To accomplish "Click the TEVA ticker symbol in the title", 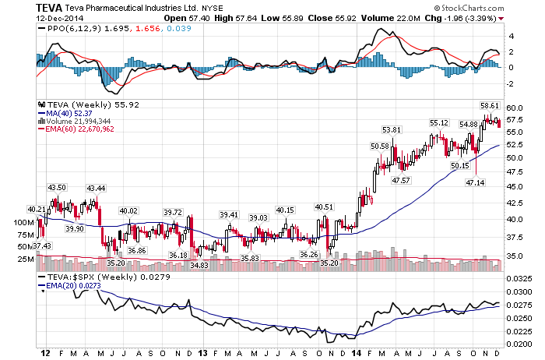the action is pyautogui.click(x=49, y=8).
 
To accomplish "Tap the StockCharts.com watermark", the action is pyautogui.click(x=469, y=8).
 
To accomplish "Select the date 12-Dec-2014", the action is pyautogui.click(x=60, y=18).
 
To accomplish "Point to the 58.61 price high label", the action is pyautogui.click(x=490, y=106).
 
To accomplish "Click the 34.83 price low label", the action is pyautogui.click(x=199, y=266).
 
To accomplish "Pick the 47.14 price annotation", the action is pyautogui.click(x=475, y=182).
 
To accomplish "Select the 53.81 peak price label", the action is pyautogui.click(x=392, y=129).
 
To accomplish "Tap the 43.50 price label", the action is pyautogui.click(x=57, y=188).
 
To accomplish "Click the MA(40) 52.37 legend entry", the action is pyautogui.click(x=65, y=114).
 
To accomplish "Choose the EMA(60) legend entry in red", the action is pyautogui.click(x=76, y=129).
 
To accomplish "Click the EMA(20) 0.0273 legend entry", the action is pyautogui.click(x=69, y=285).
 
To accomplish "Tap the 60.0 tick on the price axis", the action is pyautogui.click(x=515, y=108).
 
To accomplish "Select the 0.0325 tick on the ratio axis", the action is pyautogui.click(x=519, y=279).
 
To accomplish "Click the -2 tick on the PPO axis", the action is pyautogui.click(x=509, y=84).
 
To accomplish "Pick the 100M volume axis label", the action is pyautogui.click(x=24, y=222).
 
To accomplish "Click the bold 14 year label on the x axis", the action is pyautogui.click(x=357, y=354).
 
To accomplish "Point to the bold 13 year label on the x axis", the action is pyautogui.click(x=203, y=354).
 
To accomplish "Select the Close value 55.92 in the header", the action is pyautogui.click(x=346, y=18).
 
